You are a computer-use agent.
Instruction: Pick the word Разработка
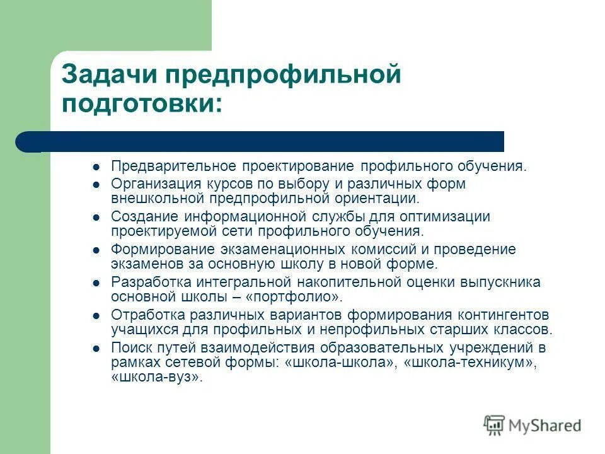(149, 282)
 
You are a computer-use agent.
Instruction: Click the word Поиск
(129, 347)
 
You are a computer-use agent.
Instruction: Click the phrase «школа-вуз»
(157, 378)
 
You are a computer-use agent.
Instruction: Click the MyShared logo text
(545, 426)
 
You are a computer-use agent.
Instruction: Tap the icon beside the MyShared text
(495, 426)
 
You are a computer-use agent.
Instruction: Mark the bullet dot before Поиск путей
(96, 348)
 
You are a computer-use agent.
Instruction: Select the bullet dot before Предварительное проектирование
(96, 167)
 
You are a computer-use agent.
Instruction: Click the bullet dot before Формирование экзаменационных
(96, 250)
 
